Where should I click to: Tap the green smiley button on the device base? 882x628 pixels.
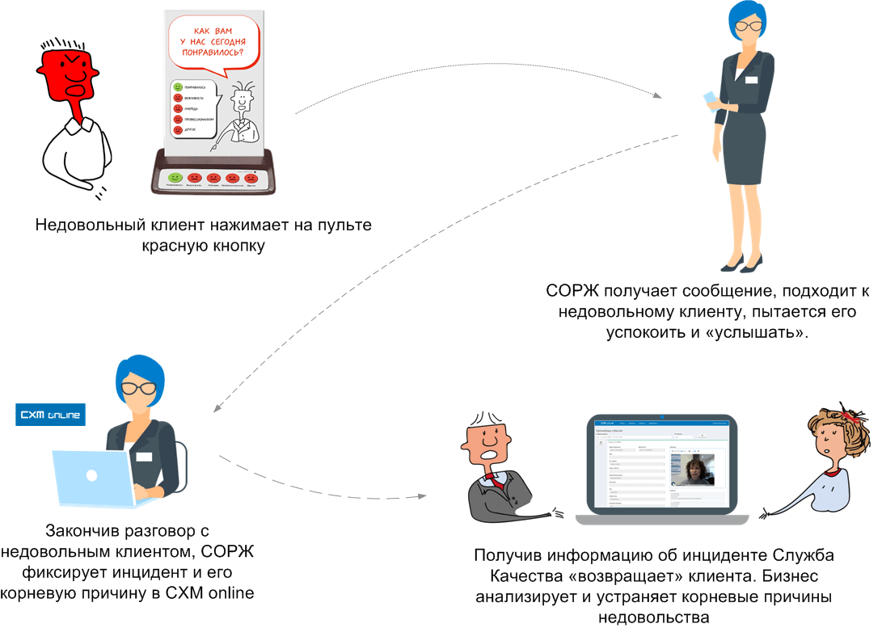click(x=174, y=176)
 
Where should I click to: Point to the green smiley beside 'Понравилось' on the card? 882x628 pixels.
click(x=177, y=86)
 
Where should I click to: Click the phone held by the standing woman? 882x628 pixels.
click(x=710, y=99)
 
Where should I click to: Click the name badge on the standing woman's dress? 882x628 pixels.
click(x=752, y=80)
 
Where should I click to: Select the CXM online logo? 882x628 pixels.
click(x=50, y=415)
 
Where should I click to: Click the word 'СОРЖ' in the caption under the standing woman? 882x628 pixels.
click(x=570, y=291)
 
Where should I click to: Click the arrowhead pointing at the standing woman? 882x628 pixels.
click(x=658, y=96)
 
